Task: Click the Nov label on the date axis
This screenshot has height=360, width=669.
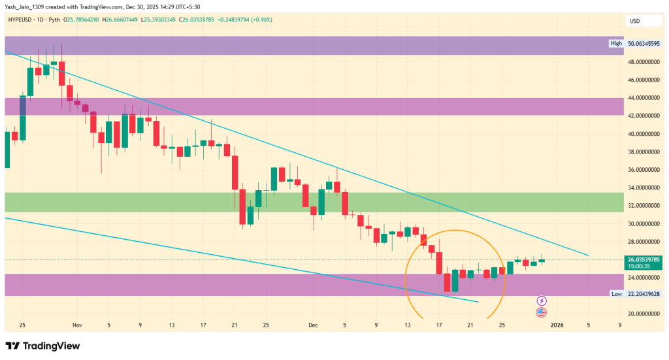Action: click(78, 325)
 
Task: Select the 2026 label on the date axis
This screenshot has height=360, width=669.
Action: click(557, 325)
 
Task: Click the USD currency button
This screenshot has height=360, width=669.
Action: click(634, 21)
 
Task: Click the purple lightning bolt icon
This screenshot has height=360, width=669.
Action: click(542, 301)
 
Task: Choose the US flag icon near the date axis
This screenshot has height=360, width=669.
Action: click(542, 313)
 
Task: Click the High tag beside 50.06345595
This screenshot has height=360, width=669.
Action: click(615, 44)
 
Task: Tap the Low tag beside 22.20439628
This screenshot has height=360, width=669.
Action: click(615, 294)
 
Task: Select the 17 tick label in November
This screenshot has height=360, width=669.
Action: click(204, 325)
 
